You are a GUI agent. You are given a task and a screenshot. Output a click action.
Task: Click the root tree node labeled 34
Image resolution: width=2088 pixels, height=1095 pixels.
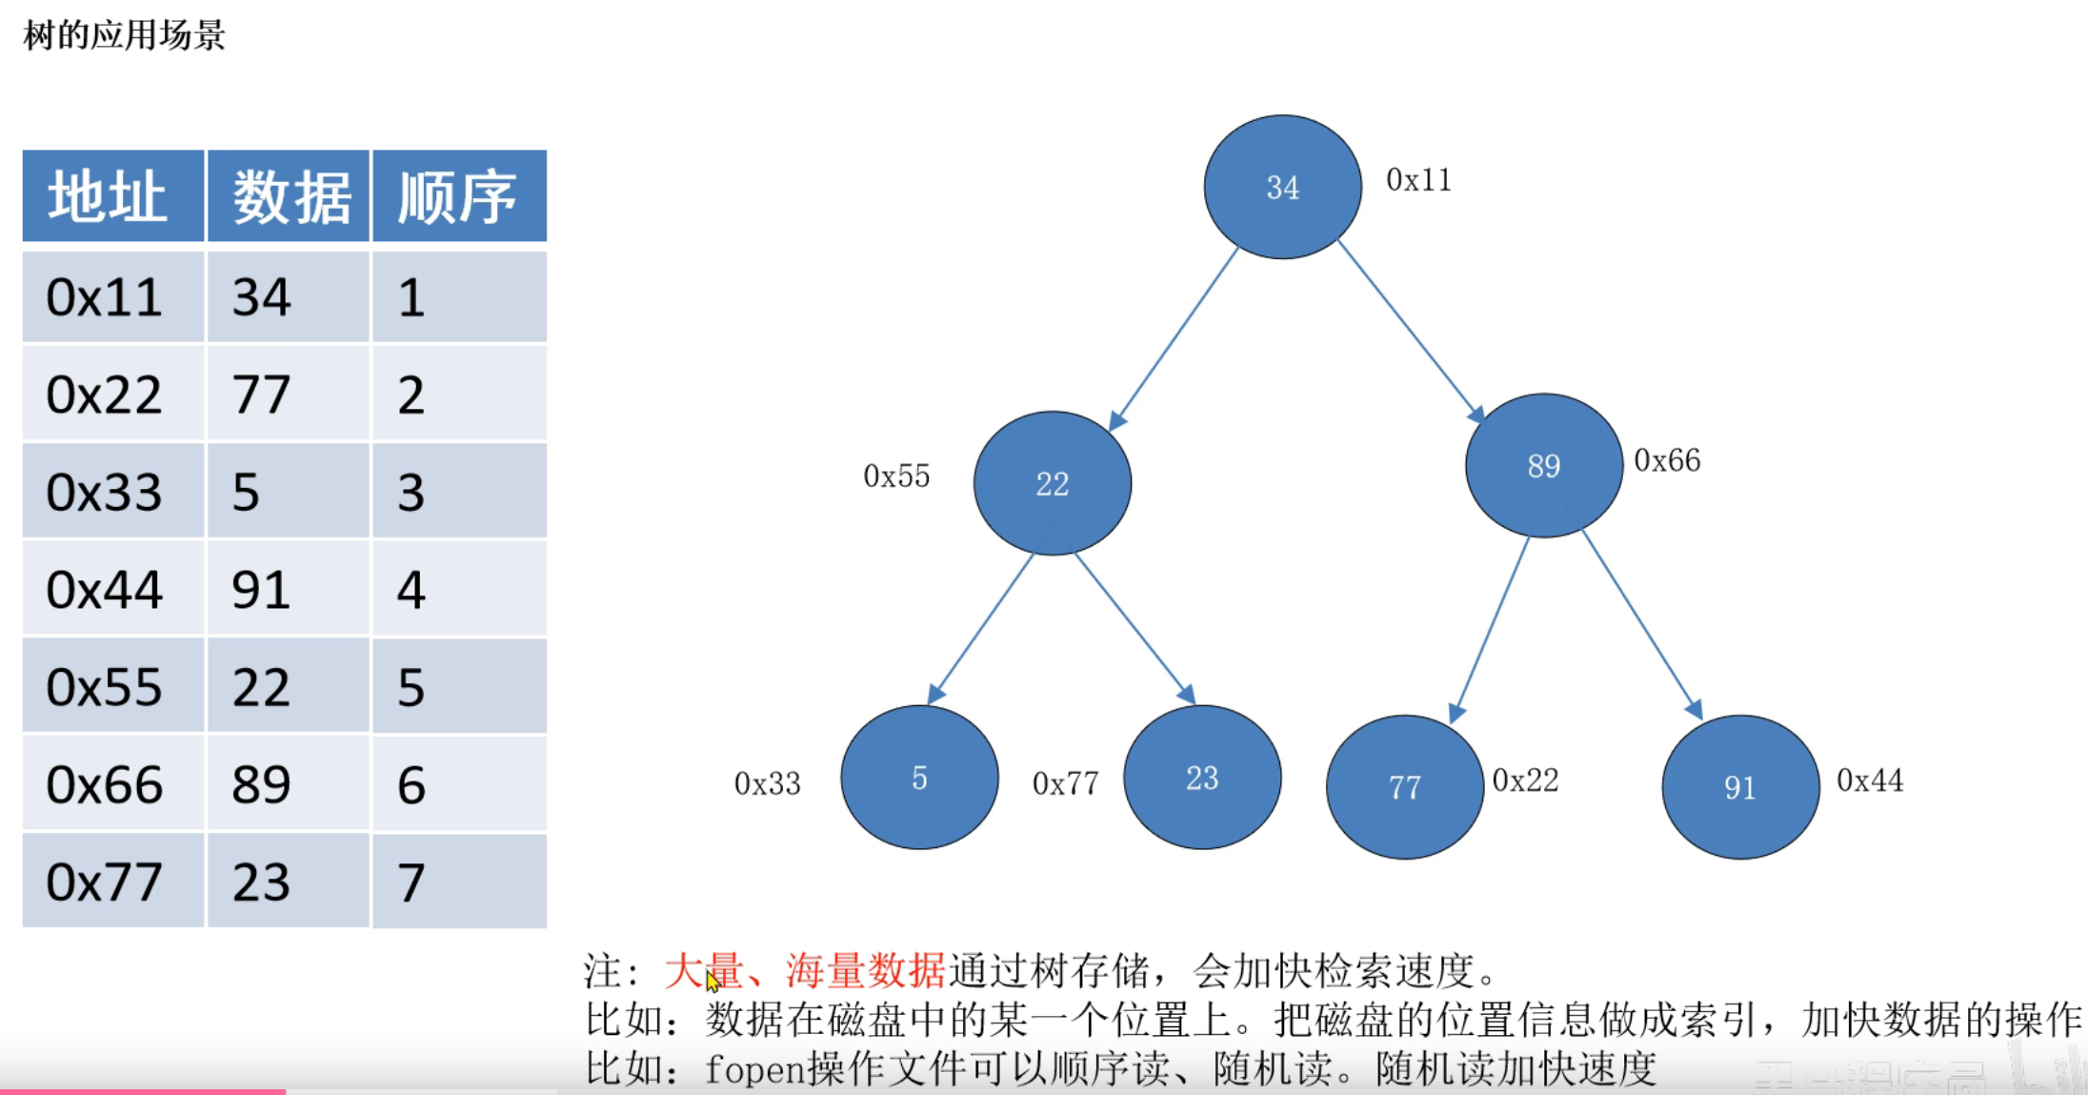(x=1282, y=187)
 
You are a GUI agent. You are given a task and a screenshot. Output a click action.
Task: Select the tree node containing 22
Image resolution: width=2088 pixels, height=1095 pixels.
(x=1052, y=483)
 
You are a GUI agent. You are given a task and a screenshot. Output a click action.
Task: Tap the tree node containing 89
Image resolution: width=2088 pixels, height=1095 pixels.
(x=1543, y=465)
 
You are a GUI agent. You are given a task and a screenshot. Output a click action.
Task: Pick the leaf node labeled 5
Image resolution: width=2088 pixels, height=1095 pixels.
(x=919, y=778)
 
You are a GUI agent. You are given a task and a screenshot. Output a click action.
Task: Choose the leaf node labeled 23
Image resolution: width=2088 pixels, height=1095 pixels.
(x=1202, y=778)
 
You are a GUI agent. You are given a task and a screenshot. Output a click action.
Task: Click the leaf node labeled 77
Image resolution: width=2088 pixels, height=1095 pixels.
(x=1404, y=787)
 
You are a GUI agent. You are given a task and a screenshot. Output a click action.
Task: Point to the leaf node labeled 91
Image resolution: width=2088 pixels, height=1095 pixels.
(x=1739, y=787)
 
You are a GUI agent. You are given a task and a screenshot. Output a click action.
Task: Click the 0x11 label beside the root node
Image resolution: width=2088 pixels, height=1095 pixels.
(x=1418, y=180)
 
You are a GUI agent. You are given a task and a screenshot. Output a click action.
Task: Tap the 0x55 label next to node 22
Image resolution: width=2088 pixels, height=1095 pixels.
(x=896, y=476)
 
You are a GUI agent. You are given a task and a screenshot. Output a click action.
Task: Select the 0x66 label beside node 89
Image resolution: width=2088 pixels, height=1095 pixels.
(x=1667, y=460)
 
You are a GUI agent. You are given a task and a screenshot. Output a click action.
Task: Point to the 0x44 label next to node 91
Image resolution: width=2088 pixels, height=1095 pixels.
(x=1870, y=781)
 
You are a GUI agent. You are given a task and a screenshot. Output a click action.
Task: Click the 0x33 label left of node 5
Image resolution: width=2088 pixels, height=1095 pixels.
(x=767, y=783)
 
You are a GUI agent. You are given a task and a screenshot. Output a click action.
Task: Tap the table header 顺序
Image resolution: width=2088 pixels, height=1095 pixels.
(x=458, y=197)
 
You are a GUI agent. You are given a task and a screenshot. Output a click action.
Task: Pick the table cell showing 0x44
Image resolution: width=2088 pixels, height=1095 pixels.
(x=105, y=590)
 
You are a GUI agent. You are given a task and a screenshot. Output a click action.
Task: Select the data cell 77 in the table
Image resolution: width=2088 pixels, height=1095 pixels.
(x=261, y=395)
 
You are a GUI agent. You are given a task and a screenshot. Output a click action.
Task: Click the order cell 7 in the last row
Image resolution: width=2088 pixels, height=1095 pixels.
(x=412, y=882)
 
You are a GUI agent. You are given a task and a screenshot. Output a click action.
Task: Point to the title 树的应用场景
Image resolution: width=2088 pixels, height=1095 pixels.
(x=124, y=36)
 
